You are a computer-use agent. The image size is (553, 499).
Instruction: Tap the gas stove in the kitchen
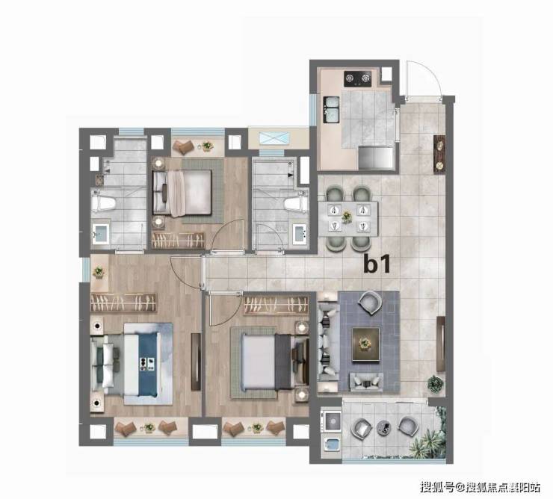point(358,78)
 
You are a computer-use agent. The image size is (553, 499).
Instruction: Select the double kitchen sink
point(331,110)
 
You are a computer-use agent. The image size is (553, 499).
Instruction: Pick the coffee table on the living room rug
point(366,344)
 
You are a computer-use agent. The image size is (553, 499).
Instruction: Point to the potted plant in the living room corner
point(435,384)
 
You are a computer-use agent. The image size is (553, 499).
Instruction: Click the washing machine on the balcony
point(331,421)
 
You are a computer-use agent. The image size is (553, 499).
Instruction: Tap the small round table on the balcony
point(383,427)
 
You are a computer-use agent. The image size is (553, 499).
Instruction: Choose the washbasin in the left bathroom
point(101,233)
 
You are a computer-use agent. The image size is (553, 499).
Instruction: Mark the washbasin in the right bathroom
point(300,233)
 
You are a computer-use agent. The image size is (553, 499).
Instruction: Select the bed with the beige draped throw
point(182,193)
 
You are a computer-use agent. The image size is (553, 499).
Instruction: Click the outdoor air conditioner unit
point(274,138)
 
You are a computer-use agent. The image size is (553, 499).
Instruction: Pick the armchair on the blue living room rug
point(371,303)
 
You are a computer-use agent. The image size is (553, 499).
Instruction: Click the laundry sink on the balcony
point(331,444)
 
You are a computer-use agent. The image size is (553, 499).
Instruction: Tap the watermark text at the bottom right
point(480,487)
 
